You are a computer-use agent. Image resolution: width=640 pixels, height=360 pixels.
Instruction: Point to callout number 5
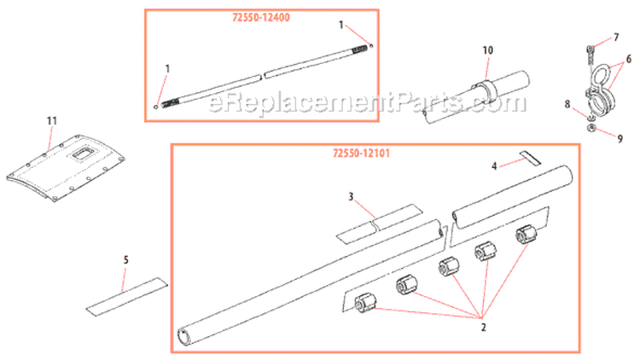click(x=125, y=258)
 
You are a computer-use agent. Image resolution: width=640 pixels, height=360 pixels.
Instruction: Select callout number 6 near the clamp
click(x=628, y=59)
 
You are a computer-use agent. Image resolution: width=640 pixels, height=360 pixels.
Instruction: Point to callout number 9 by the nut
click(x=619, y=137)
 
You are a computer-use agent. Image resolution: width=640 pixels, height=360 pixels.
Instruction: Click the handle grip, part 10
click(x=475, y=98)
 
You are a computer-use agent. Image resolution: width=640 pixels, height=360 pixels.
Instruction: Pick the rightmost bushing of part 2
click(x=525, y=235)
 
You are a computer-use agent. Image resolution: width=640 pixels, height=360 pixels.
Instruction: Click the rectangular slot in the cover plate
click(x=84, y=154)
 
